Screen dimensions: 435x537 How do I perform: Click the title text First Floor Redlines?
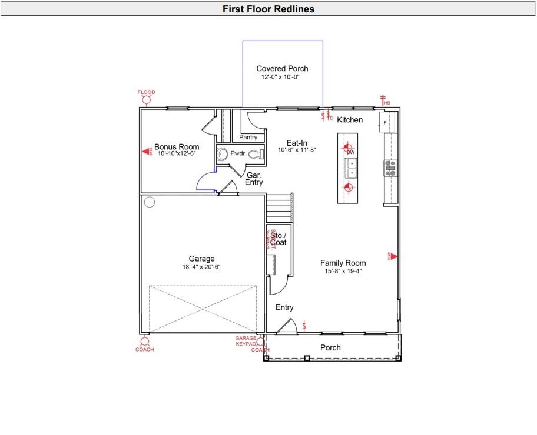268,9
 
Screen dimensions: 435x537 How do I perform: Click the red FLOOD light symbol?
146,99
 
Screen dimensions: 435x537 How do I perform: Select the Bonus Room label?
177,147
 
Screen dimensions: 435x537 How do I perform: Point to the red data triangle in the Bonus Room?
147,152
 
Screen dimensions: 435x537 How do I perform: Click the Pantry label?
248,138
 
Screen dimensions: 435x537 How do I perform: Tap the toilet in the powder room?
254,155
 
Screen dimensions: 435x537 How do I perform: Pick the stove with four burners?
390,169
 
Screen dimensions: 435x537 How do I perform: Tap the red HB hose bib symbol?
383,101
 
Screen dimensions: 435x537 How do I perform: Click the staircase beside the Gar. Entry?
279,208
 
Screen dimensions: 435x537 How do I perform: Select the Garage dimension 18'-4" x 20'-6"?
201,267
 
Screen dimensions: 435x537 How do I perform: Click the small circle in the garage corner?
150,203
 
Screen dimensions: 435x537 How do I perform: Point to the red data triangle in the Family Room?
393,256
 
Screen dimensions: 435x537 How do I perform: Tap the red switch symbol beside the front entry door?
304,325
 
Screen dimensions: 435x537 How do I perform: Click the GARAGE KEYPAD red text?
246,341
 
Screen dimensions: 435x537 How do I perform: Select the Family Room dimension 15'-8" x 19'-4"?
343,272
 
